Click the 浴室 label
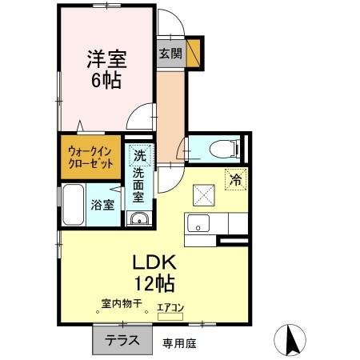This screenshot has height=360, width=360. point(102,204)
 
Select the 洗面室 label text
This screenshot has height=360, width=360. point(139,184)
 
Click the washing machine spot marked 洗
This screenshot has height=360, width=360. point(140,155)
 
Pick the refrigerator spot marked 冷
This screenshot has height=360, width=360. point(236,180)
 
